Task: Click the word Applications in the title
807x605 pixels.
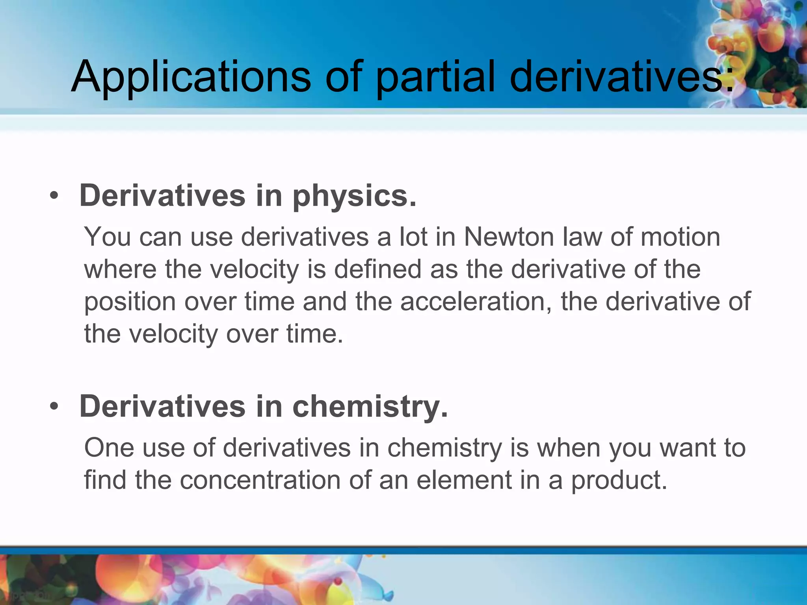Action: pos(191,77)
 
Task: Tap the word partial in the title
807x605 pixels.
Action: pos(435,77)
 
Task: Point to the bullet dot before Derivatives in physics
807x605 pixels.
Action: pos(54,195)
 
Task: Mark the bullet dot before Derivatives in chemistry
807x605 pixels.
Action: pos(54,406)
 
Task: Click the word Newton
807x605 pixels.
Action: pos(509,237)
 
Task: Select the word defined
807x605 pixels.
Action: pos(378,269)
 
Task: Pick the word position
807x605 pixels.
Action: pos(130,302)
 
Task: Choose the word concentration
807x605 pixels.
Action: pos(260,481)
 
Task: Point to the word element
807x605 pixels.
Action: pos(464,481)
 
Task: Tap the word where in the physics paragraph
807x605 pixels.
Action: pos(120,269)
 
